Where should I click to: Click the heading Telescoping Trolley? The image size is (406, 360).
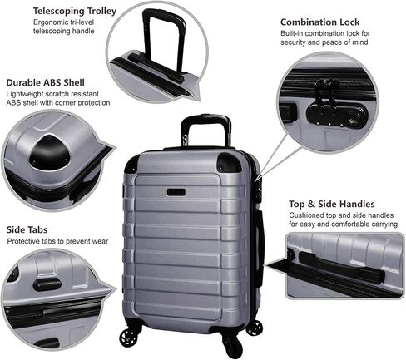click(75, 11)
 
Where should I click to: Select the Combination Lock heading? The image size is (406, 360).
click(319, 22)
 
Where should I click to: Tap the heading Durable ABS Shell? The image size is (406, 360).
click(45, 82)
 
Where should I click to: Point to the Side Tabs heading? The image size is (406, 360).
click(27, 229)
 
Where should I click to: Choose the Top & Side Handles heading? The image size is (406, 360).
click(332, 204)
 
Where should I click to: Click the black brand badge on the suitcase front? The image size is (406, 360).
click(176, 192)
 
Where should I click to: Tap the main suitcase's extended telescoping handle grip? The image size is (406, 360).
click(205, 118)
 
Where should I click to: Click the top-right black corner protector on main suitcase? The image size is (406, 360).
click(229, 162)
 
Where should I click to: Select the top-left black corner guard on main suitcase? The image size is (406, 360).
click(131, 164)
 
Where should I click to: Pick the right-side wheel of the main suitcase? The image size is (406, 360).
click(254, 328)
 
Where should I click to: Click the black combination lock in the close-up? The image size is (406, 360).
click(336, 116)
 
